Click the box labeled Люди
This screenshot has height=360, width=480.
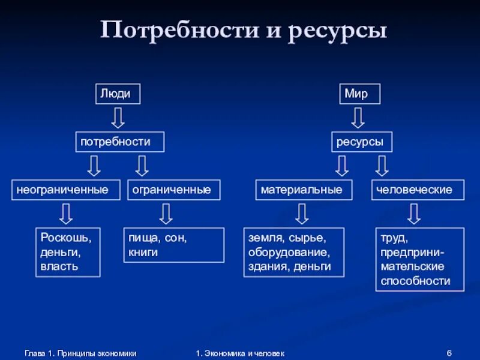[118, 94]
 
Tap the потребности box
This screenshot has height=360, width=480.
[120, 142]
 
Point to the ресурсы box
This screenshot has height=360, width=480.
[362, 142]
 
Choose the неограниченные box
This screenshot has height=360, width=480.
[62, 190]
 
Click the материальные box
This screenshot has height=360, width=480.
[301, 190]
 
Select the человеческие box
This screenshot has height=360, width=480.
[418, 190]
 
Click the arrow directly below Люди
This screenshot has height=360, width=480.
[118, 117]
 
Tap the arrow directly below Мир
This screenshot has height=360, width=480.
[358, 117]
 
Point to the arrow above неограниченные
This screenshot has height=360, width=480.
[94, 166]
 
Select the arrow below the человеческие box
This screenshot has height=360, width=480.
[413, 214]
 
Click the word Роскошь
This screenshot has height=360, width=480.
[66, 238]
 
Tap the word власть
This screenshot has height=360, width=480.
[59, 266]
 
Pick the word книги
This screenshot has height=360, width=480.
[143, 252]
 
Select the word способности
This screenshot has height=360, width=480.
[415, 281]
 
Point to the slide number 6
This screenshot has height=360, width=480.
[449, 353]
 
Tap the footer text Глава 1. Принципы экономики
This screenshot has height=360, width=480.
[80, 353]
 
